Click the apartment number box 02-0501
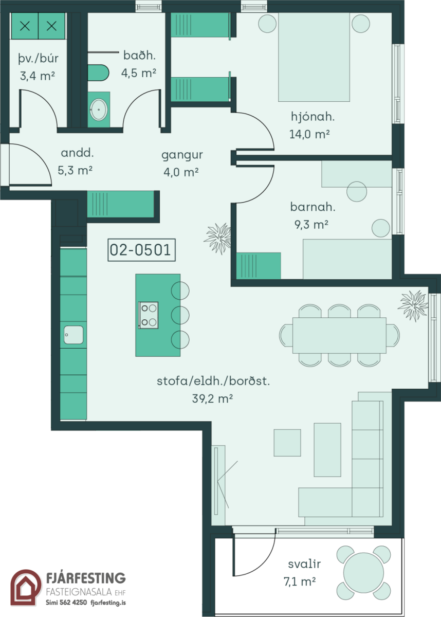point(141,250)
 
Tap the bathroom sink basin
point(98,110)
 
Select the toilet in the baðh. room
point(98,72)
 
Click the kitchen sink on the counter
point(73,335)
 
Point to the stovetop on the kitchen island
point(149,315)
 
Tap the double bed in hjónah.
point(314,57)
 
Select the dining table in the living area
point(339,335)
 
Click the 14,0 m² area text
point(309,134)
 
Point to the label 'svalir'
point(304,564)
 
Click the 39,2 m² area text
point(212,398)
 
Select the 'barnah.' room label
point(313,207)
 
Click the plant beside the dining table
point(413,305)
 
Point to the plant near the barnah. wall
point(218,238)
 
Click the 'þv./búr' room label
point(38,59)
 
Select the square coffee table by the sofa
point(287,443)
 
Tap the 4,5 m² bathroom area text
point(139,73)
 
